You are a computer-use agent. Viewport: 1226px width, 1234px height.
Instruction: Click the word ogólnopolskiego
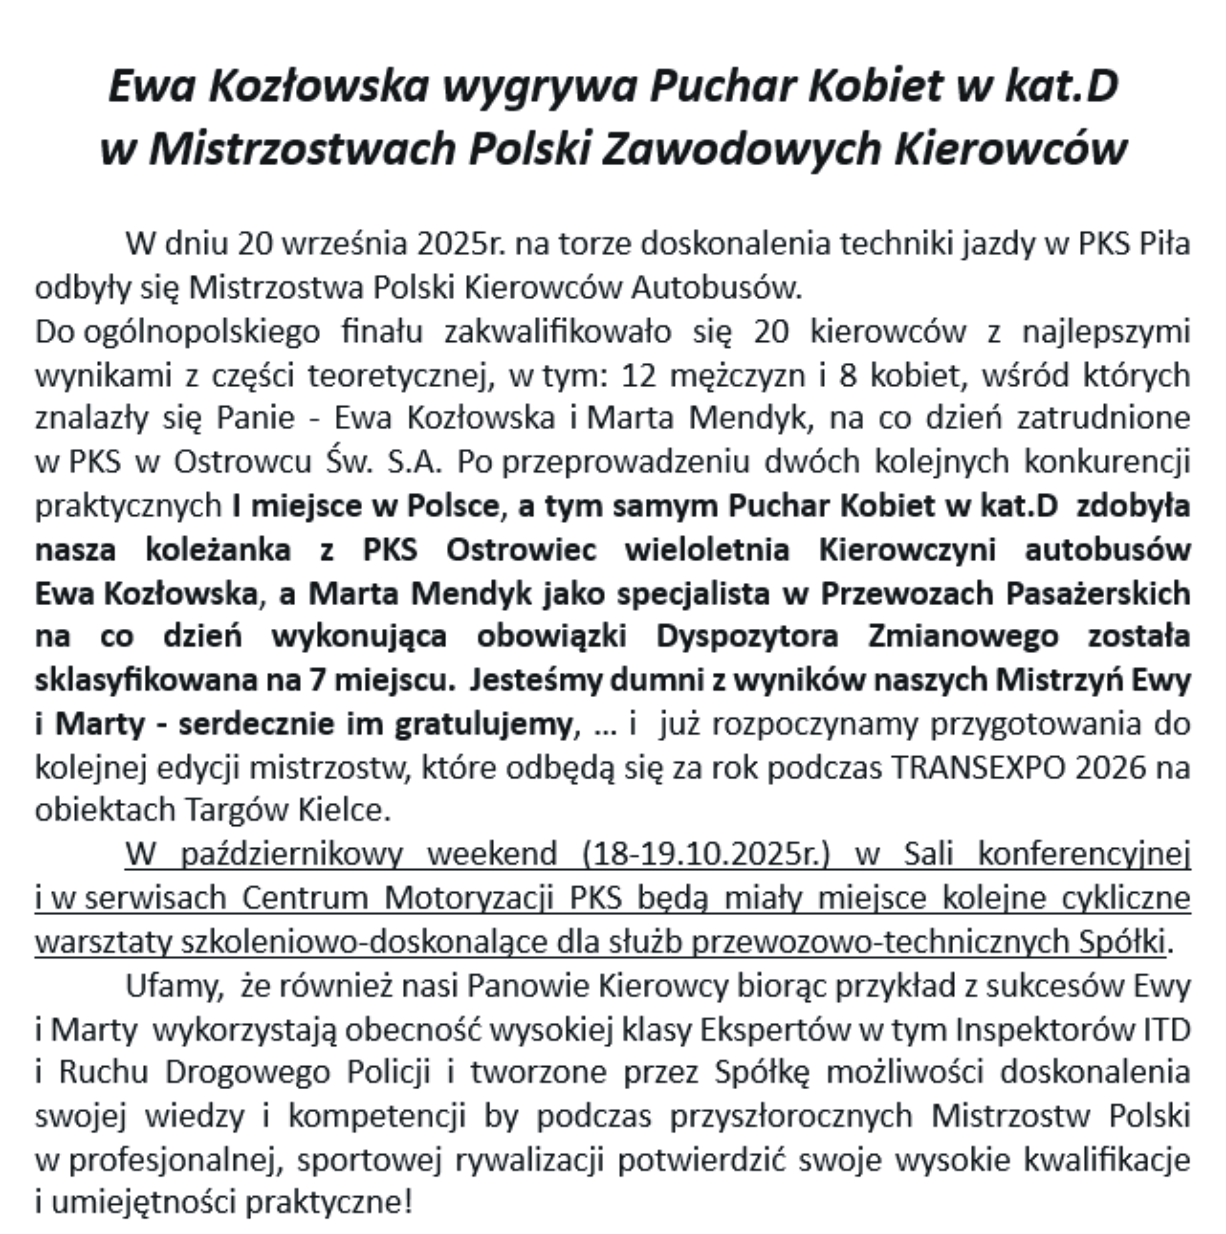(x=202, y=332)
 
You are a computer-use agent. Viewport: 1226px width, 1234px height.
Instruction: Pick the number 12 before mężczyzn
(x=639, y=376)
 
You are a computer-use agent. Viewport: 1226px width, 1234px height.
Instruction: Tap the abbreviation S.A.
(x=415, y=462)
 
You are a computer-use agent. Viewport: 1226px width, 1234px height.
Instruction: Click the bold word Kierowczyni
(x=907, y=549)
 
